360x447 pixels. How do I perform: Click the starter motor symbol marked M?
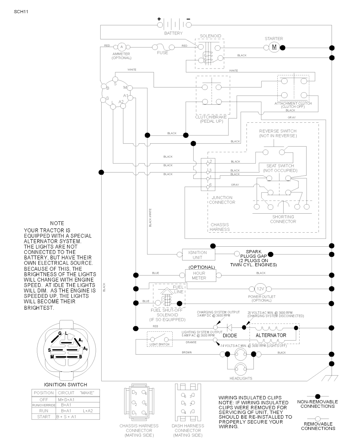pos(274,47)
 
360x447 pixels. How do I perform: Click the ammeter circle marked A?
pos(122,47)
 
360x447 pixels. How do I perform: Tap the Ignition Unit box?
pos(198,255)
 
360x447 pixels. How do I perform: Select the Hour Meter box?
pos(199,276)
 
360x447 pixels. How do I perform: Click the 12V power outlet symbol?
pos(260,289)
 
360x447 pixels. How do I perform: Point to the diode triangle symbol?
pos(230,328)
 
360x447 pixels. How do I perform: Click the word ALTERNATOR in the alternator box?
pos(271,335)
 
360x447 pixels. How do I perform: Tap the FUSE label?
pos(162,53)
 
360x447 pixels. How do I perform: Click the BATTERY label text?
pos(173,33)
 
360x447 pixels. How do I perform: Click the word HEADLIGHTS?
pos(241,378)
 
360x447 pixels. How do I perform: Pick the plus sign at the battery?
pos(159,19)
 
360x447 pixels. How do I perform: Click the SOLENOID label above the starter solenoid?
pos(211,36)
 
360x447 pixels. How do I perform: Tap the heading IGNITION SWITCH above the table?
pos(65,384)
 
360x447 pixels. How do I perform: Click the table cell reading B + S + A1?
pos(66,417)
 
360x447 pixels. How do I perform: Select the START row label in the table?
pos(44,417)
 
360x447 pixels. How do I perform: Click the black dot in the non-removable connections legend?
pos(317,396)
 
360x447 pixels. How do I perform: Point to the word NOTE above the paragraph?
pos(57,223)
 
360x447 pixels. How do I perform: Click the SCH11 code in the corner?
pos(21,11)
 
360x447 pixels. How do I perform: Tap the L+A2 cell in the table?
pos(88,411)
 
